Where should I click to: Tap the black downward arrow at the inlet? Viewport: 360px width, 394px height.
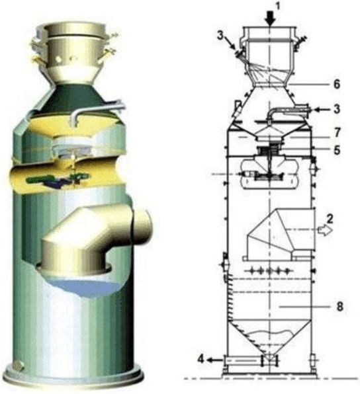point(271,19)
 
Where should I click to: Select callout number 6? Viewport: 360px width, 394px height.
point(337,84)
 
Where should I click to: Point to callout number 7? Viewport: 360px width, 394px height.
point(337,132)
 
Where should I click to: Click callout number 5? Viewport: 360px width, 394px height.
point(337,150)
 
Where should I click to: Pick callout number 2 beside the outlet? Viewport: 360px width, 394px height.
point(330,219)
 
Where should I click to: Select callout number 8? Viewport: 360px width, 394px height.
point(339,307)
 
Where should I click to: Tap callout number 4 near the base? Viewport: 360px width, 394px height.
point(201,359)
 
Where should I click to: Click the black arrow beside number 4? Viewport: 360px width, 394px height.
point(215,360)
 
